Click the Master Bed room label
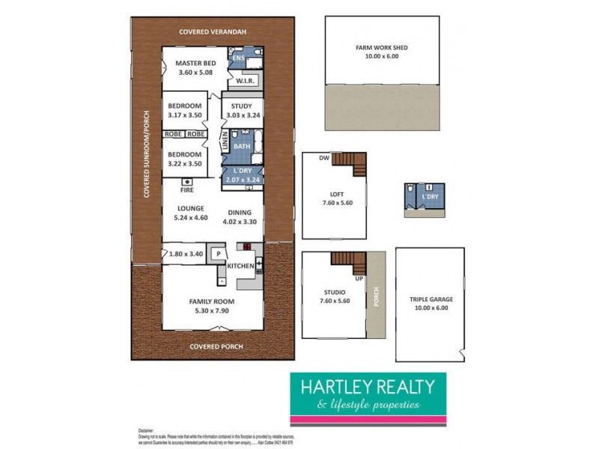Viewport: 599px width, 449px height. tap(196, 64)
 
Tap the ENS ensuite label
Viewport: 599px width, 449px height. tap(238, 58)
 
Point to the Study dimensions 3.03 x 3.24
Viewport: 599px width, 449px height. tap(242, 116)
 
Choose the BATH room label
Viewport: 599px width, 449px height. tap(242, 147)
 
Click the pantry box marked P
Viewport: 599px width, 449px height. tap(218, 254)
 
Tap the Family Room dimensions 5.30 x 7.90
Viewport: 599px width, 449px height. tap(212, 311)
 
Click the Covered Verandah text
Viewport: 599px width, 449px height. tap(213, 31)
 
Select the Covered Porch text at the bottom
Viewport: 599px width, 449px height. tap(216, 346)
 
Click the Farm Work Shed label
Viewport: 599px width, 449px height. tap(382, 46)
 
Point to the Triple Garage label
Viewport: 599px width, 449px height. tap(431, 299)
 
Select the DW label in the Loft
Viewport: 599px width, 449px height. tap(323, 158)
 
